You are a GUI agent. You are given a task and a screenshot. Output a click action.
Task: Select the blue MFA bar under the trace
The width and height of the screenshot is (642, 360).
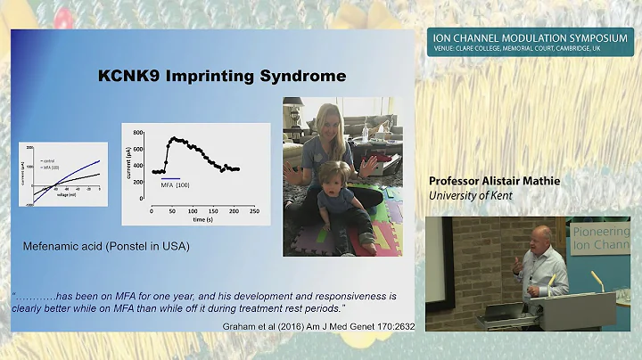170,178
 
